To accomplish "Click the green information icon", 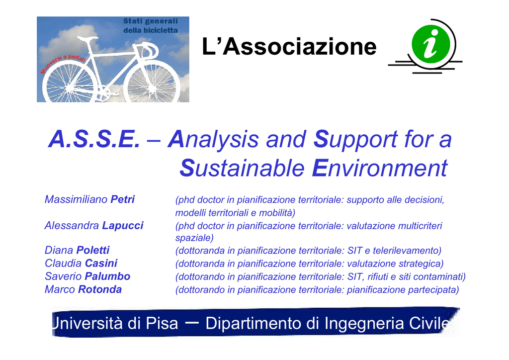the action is (x=431, y=44).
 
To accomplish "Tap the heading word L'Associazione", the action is (x=289, y=46).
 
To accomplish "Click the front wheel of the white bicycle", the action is (x=152, y=83).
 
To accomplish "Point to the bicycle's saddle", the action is (x=87, y=38).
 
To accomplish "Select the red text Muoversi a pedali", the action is (x=63, y=64).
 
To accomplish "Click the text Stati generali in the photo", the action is (x=150, y=21).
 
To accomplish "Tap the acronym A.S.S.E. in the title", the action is (x=94, y=139).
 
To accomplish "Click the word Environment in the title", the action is (x=379, y=168).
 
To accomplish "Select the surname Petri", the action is (x=122, y=199).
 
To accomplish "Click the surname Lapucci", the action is (x=123, y=226).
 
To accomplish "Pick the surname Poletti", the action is (x=93, y=250).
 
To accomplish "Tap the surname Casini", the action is (x=101, y=263).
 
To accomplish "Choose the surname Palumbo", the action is (x=107, y=276).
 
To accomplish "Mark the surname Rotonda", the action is (x=100, y=289).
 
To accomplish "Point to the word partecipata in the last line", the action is (x=433, y=290).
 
